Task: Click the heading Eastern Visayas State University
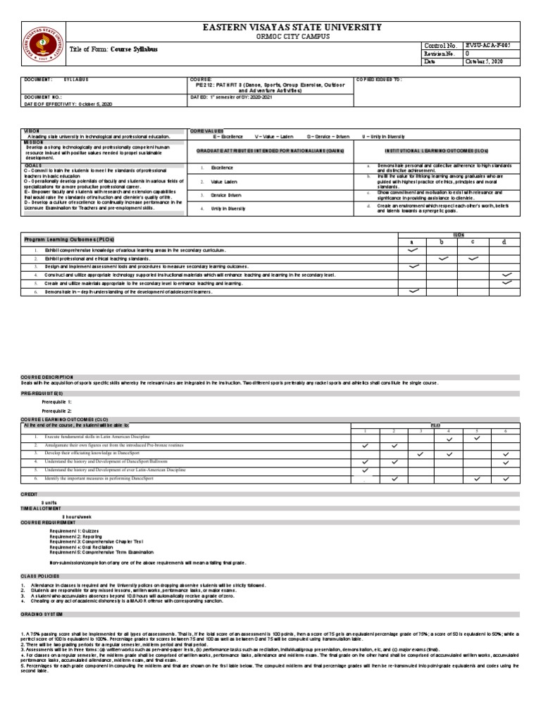292,27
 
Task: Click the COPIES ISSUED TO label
380,80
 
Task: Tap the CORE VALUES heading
205,130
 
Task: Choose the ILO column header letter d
504,241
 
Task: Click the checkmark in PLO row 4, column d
506,274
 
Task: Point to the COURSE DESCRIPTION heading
46,377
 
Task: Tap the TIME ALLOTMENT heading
41,508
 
